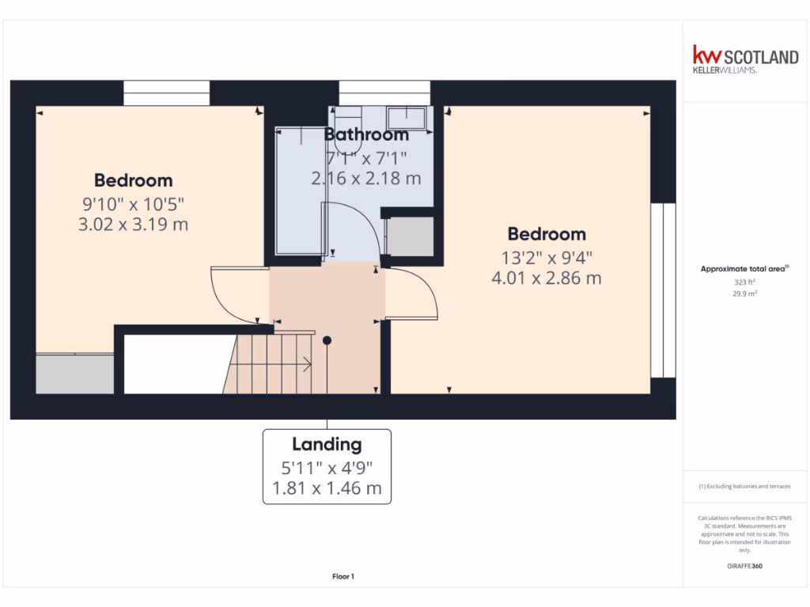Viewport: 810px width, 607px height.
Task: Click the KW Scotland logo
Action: [745, 59]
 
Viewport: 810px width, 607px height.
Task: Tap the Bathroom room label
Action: [366, 134]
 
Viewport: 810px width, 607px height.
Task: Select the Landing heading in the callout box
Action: [327, 444]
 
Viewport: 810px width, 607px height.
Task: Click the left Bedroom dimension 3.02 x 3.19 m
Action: [133, 224]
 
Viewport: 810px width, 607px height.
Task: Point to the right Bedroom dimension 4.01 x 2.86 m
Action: [546, 278]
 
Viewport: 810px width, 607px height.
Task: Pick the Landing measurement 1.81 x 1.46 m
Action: [327, 488]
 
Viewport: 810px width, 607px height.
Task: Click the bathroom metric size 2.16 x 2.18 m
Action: [366, 179]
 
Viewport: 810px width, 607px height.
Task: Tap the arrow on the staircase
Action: [307, 364]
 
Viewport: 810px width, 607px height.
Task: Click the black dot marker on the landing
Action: [327, 340]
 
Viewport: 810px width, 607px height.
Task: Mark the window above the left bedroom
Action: [166, 92]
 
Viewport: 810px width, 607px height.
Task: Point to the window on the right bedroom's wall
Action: [663, 290]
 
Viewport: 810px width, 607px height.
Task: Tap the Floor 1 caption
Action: [343, 577]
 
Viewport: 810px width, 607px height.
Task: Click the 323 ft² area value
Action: [744, 281]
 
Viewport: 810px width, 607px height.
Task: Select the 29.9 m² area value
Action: [744, 292]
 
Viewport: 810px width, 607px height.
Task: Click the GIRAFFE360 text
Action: [744, 566]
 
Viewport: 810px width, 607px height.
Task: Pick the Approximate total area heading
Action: [744, 269]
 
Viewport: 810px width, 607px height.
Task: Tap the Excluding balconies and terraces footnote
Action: [744, 486]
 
